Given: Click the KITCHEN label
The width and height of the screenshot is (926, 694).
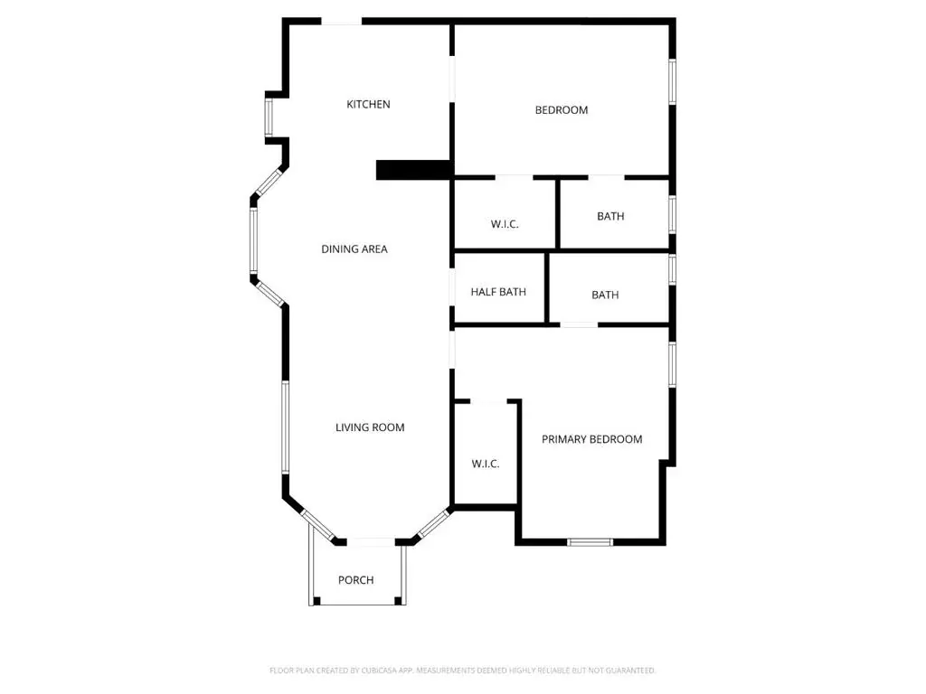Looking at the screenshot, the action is coord(368,105).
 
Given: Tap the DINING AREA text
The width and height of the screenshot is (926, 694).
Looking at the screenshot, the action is coord(354,249).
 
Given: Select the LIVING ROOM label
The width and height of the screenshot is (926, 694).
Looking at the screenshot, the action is coord(370,427).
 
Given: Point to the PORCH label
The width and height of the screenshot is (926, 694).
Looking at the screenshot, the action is coord(355,580).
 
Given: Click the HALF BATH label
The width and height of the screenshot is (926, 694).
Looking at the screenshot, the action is coord(498,292).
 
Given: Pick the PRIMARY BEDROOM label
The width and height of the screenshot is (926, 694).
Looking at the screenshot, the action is coord(591,439).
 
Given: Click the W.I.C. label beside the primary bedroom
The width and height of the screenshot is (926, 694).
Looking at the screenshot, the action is coord(486,464).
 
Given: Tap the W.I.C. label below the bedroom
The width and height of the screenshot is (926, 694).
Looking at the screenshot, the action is coord(505,224).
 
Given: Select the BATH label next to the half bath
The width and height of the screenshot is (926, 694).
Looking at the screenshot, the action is coord(605,295).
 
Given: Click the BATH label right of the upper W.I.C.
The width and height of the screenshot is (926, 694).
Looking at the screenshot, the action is coord(610,216).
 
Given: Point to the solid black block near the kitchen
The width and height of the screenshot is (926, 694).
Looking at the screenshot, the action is coord(414,169).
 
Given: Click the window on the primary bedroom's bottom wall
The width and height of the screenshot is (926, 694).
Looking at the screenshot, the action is coord(590,542).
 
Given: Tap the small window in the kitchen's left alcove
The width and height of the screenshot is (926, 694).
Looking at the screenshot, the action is coord(269,117).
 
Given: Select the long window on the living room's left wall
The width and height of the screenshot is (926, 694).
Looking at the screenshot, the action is coord(285,427).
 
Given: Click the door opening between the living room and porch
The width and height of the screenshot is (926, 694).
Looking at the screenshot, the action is coord(370,542).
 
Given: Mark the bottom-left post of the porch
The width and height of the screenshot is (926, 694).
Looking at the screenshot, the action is coord(317,601).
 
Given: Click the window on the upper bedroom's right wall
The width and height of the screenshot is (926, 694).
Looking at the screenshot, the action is coord(672,81).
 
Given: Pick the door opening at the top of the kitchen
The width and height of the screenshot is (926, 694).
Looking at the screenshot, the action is coord(341,22).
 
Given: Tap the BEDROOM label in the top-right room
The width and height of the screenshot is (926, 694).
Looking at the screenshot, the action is coord(561,110).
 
